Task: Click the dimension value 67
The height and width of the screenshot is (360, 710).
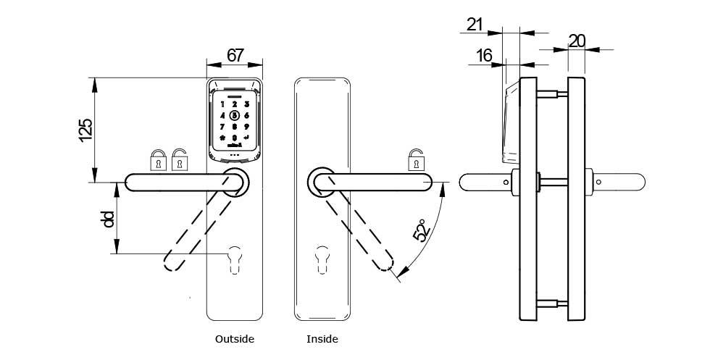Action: click(x=235, y=55)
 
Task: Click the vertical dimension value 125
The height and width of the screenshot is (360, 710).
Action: click(x=85, y=129)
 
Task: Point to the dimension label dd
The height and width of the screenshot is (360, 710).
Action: click(x=109, y=219)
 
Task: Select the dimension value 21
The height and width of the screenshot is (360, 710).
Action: click(x=475, y=24)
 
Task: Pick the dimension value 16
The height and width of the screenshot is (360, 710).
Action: click(x=483, y=55)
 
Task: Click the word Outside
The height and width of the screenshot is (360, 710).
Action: click(x=235, y=339)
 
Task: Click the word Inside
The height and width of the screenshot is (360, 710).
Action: click(x=322, y=339)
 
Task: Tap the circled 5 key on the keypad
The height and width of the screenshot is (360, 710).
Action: click(x=234, y=115)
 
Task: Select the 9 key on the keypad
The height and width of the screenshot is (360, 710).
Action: click(x=246, y=126)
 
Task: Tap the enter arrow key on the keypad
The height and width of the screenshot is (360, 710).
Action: click(x=246, y=138)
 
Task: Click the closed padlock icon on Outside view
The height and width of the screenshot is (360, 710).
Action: click(x=157, y=160)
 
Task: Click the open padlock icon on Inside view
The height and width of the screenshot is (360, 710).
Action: click(x=416, y=159)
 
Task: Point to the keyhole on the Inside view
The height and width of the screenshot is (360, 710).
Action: click(x=321, y=259)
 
